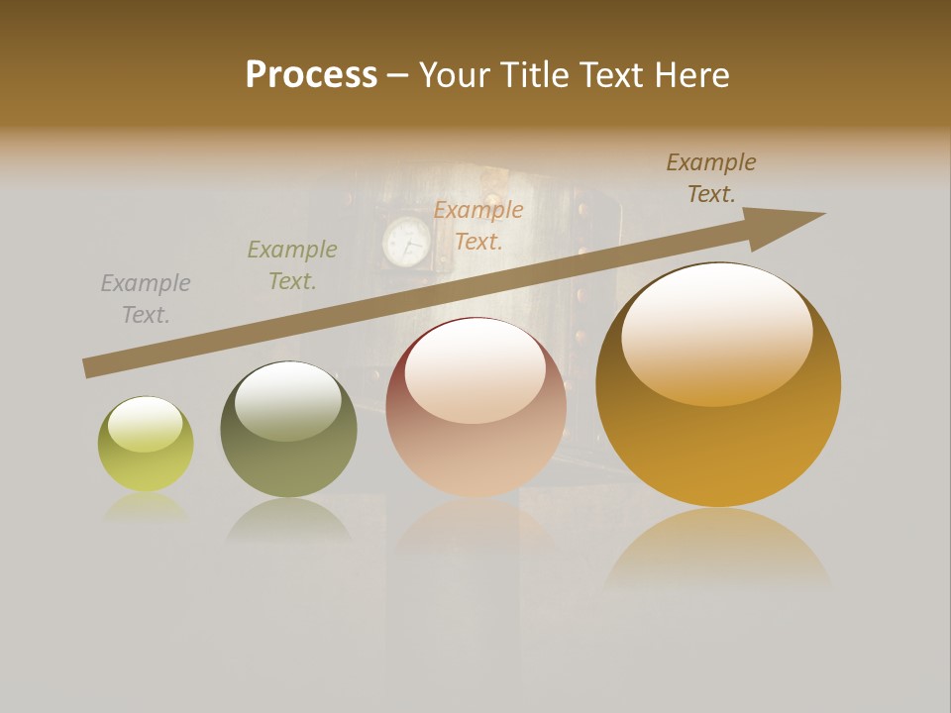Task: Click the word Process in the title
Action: click(311, 75)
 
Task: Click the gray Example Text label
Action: click(146, 299)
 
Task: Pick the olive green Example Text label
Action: click(292, 265)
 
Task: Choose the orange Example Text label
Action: click(478, 226)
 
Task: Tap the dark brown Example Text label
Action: click(711, 178)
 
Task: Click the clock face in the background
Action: click(407, 242)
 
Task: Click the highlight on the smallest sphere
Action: click(145, 425)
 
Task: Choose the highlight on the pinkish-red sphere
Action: click(475, 371)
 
